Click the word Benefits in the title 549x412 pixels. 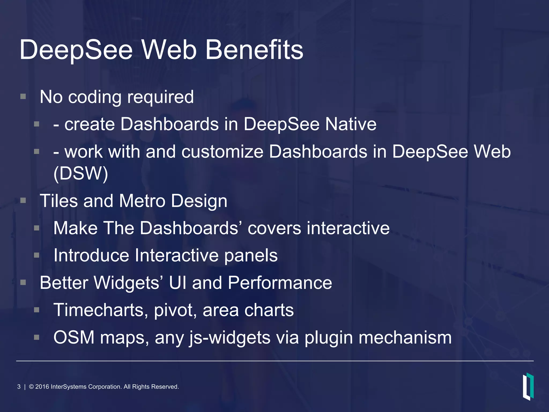click(254, 50)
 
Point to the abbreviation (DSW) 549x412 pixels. click(81, 174)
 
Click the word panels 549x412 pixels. click(251, 256)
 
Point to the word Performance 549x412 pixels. click(280, 283)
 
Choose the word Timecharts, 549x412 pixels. click(101, 310)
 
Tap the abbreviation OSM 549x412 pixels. click(74, 337)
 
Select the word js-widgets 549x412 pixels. click(230, 338)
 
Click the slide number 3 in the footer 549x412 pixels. click(19, 387)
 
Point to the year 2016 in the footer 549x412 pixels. click(42, 387)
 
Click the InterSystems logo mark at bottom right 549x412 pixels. click(528, 387)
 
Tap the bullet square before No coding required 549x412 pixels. click(23, 96)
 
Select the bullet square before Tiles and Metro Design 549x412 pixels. click(23, 200)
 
